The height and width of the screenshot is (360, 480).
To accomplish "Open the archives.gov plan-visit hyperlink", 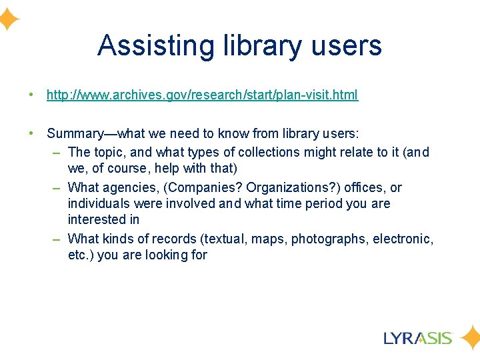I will pyautogui.click(x=202, y=95).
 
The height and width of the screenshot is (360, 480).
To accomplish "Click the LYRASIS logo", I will pyautogui.click(x=418, y=337).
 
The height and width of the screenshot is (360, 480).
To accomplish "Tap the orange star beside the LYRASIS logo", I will pyautogui.click(x=469, y=337).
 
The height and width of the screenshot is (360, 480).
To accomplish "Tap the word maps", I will pyautogui.click(x=271, y=238).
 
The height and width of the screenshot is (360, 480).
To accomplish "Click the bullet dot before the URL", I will pyautogui.click(x=31, y=95).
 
